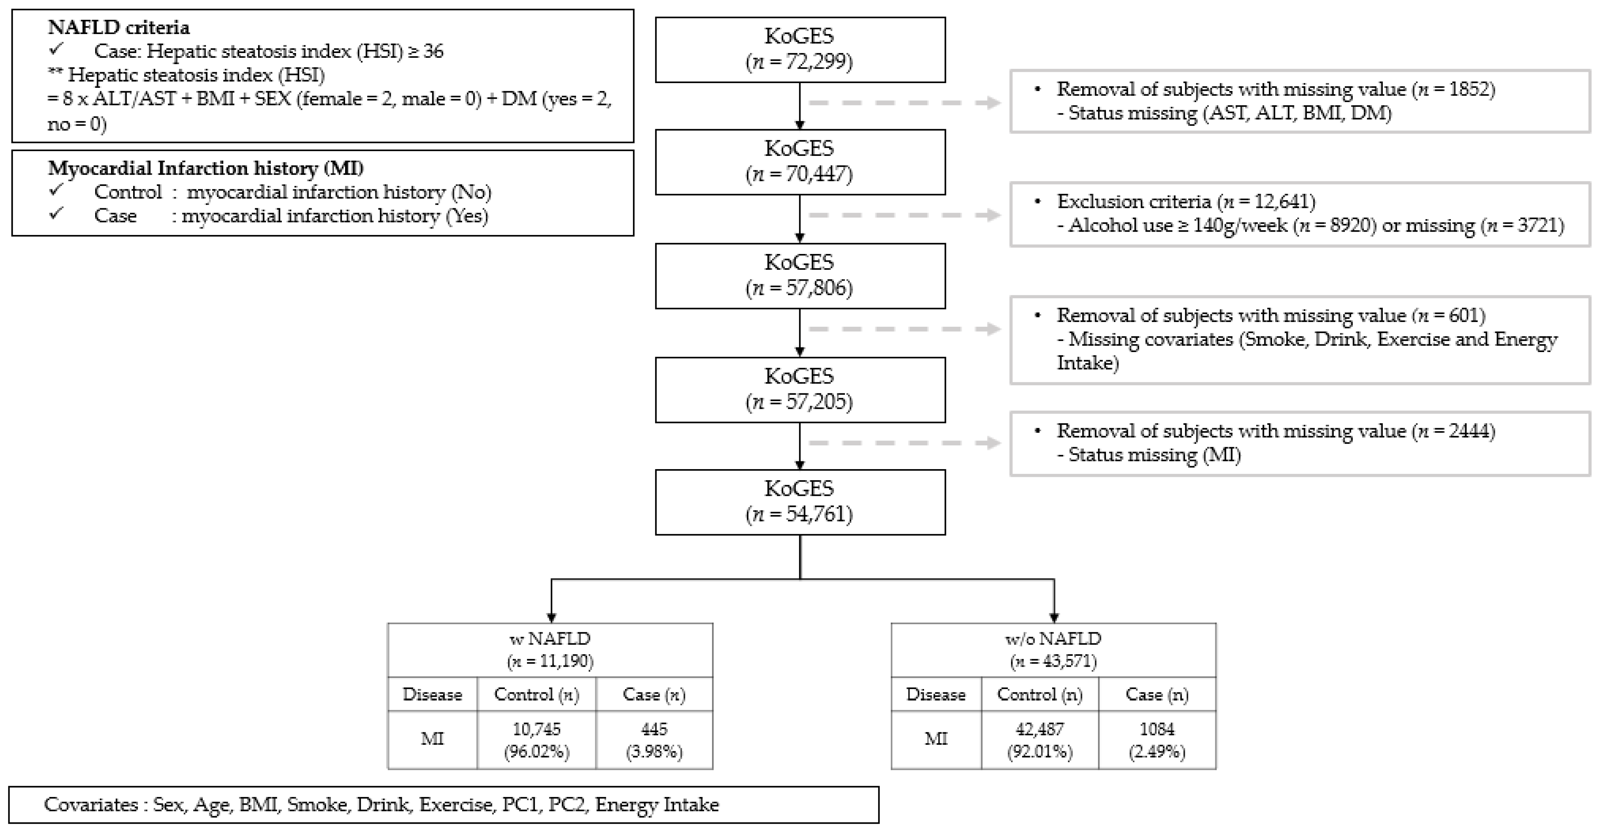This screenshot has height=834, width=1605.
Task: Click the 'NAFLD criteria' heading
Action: point(119,27)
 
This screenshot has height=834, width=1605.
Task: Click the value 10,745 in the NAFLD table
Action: point(536,729)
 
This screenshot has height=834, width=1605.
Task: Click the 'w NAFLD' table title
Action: point(550,639)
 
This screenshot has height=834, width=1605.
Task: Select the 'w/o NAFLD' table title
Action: point(1053,639)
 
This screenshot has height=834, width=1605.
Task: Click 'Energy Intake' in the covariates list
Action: point(657,805)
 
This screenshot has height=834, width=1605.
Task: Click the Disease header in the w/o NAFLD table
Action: point(935,695)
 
